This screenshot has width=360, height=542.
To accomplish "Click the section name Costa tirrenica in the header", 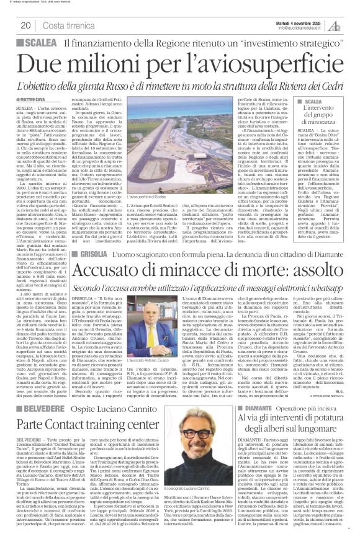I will [x=70, y=25].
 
